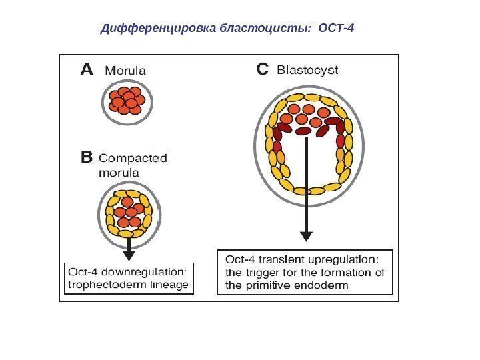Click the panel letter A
(87, 70)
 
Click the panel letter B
(86, 159)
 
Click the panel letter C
(262, 70)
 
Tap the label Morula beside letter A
(126, 70)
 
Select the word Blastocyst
(307, 69)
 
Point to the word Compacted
(133, 159)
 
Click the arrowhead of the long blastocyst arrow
(306, 236)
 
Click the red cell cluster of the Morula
(127, 100)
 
